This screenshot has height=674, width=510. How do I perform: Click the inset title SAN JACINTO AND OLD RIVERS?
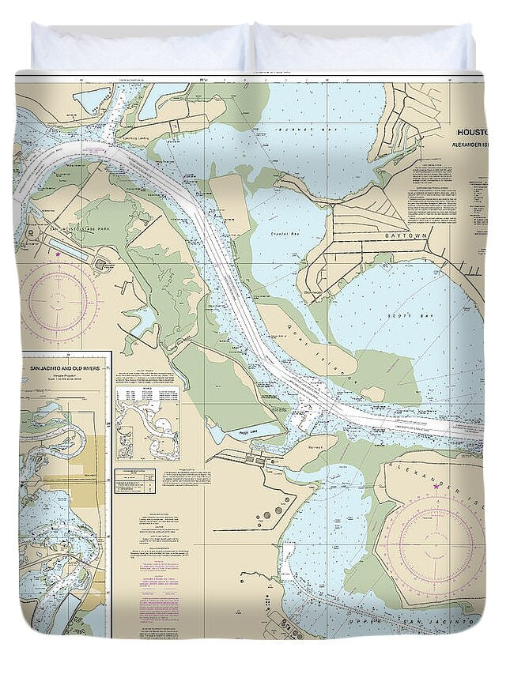click(x=64, y=369)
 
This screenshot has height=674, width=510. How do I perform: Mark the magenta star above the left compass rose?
click(x=59, y=254)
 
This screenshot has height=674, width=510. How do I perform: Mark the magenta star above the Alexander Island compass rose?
click(x=436, y=486)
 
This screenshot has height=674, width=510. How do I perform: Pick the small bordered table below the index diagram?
click(x=134, y=481)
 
